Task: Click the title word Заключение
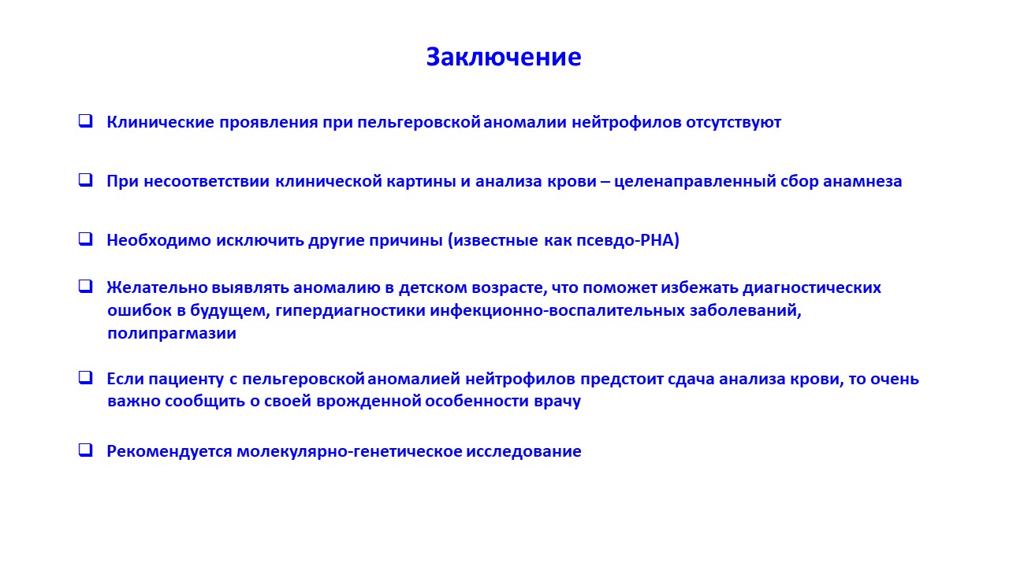(x=504, y=57)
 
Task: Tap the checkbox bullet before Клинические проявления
(x=86, y=121)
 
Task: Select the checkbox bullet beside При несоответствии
(x=86, y=180)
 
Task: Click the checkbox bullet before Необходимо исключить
(x=86, y=239)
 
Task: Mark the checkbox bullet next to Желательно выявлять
(x=86, y=286)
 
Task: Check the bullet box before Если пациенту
(x=86, y=377)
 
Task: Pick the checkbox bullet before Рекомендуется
(x=86, y=450)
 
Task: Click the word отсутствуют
(x=733, y=123)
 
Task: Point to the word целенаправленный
(x=694, y=182)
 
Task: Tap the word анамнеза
(x=862, y=182)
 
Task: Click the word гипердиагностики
(x=351, y=311)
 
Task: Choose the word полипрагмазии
(x=172, y=334)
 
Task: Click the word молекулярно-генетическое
(x=349, y=452)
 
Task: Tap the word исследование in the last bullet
(x=523, y=452)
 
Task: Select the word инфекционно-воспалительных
(x=557, y=311)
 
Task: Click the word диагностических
(x=812, y=288)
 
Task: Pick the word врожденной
(x=368, y=402)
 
